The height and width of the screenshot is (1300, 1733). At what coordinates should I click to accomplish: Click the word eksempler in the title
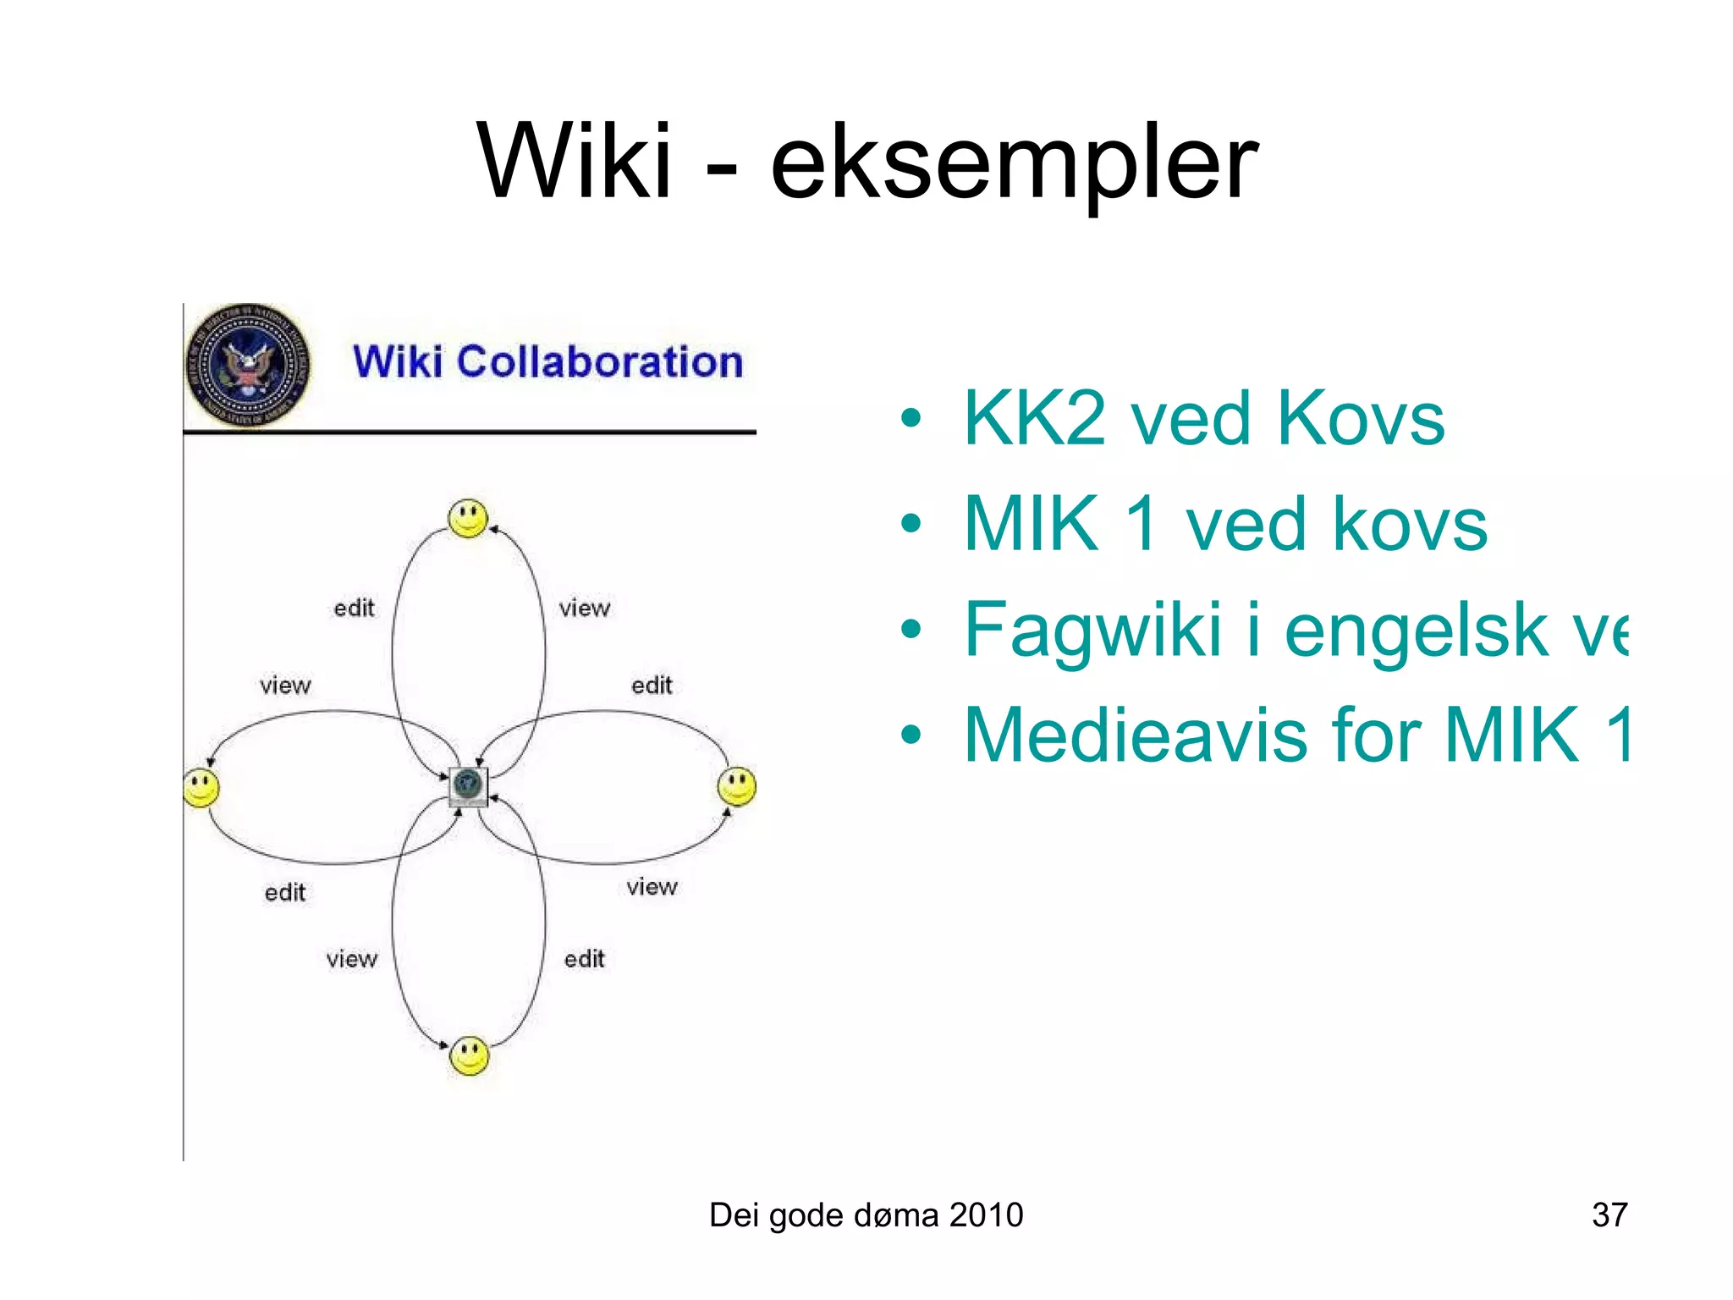click(1014, 165)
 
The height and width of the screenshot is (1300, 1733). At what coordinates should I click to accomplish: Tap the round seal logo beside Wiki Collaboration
click(247, 366)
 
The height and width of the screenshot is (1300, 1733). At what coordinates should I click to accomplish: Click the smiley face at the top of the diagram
click(468, 518)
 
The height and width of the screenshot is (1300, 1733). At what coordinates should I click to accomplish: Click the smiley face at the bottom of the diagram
click(470, 1055)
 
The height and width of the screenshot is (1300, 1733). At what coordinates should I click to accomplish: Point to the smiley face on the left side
click(201, 787)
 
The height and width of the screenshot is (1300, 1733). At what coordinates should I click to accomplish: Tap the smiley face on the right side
click(737, 786)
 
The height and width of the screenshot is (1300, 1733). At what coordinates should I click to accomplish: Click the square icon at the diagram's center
click(468, 786)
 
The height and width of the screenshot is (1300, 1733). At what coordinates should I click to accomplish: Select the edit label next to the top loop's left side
click(354, 608)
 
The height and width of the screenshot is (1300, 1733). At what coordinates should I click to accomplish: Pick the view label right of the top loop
click(584, 608)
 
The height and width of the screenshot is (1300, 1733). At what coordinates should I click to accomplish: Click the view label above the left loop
click(285, 685)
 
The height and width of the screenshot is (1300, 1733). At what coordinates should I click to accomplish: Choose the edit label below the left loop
click(285, 892)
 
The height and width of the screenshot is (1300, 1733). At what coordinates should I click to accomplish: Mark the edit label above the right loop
click(652, 685)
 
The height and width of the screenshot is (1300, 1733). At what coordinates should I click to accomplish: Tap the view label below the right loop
click(652, 886)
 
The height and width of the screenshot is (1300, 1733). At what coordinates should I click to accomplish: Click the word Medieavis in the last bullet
click(1137, 735)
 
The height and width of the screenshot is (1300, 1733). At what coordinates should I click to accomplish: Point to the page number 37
click(1609, 1215)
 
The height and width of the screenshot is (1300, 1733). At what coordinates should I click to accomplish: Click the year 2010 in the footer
click(986, 1215)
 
